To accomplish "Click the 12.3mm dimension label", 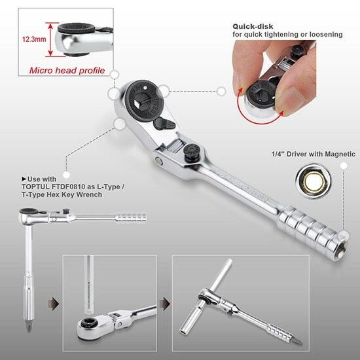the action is pyautogui.click(x=34, y=39).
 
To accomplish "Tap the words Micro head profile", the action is pyautogui.click(x=67, y=70).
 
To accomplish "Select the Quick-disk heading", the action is pyautogui.click(x=253, y=26).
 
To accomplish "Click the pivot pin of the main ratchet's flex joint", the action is pyautogui.click(x=158, y=160).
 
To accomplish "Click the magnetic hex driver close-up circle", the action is pyautogui.click(x=312, y=181).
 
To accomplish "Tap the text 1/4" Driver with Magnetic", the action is pyautogui.click(x=314, y=154).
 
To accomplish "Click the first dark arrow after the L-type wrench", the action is pyautogui.click(x=54, y=304).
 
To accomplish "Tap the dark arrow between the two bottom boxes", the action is pyautogui.click(x=165, y=304).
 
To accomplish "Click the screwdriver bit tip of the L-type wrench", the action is pyautogui.click(x=28, y=327).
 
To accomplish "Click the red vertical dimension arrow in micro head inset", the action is pyautogui.click(x=50, y=39).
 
